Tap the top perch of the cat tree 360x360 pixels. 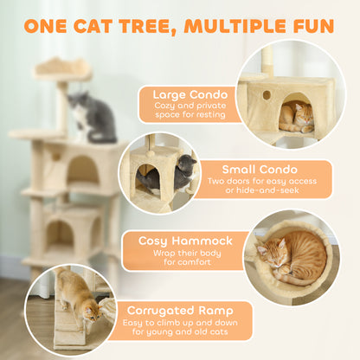tap(61, 67)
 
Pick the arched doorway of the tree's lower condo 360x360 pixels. tap(60, 233)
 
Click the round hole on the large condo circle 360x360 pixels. tap(266, 94)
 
